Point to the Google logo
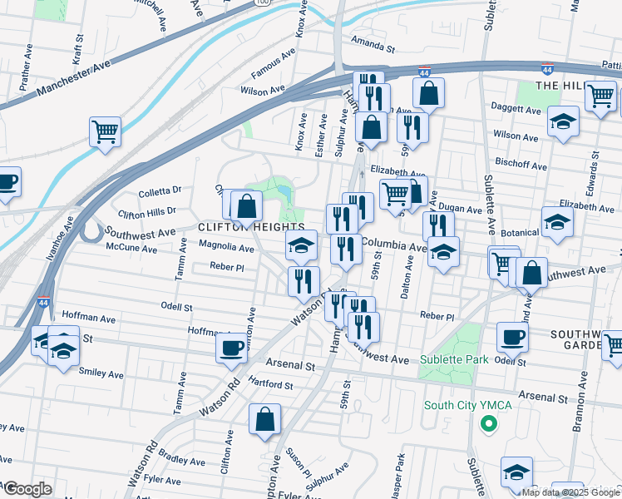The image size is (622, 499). point(27,489)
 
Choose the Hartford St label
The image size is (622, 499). point(271,386)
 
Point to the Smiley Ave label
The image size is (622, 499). point(101,373)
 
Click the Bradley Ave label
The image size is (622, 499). point(175,458)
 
